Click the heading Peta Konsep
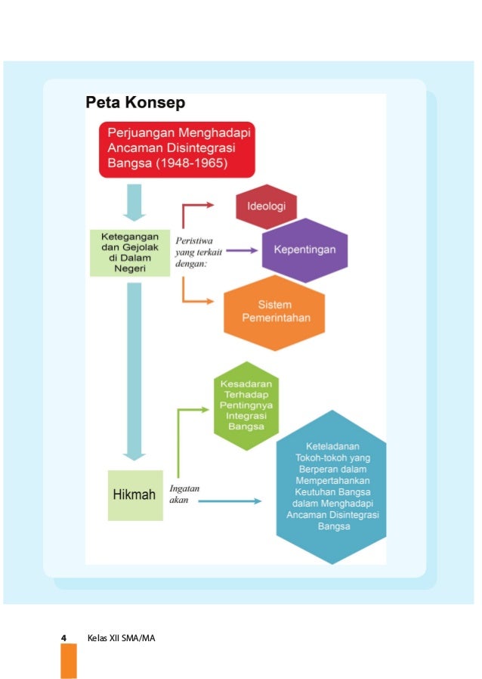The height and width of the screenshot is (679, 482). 134,103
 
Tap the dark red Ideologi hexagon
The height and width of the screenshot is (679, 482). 266,206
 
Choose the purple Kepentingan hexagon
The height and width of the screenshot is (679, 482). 304,248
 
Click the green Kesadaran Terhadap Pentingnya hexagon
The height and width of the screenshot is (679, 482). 246,405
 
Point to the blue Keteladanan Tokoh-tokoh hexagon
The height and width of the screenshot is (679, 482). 332,485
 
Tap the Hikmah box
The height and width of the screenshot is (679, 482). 134,495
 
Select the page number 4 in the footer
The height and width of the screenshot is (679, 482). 64,639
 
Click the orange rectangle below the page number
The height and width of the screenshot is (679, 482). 69,662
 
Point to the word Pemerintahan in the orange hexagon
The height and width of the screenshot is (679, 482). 274,318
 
